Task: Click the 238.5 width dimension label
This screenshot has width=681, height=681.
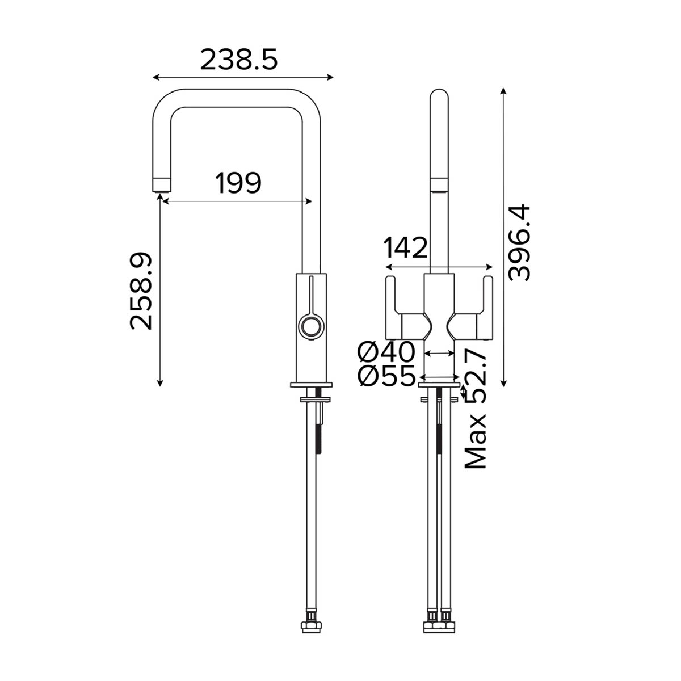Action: tap(239, 59)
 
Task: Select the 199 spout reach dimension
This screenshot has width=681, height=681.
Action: tap(238, 183)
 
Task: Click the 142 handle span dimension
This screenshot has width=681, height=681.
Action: tap(405, 248)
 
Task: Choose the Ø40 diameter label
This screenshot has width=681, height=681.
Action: tap(386, 353)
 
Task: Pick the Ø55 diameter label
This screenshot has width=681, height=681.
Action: tap(386, 376)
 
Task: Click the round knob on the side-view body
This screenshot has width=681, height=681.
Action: tap(311, 327)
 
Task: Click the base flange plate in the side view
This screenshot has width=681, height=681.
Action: tap(312, 385)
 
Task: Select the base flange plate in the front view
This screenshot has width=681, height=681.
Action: tap(439, 385)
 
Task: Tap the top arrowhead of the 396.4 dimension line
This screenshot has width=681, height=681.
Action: tap(503, 91)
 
